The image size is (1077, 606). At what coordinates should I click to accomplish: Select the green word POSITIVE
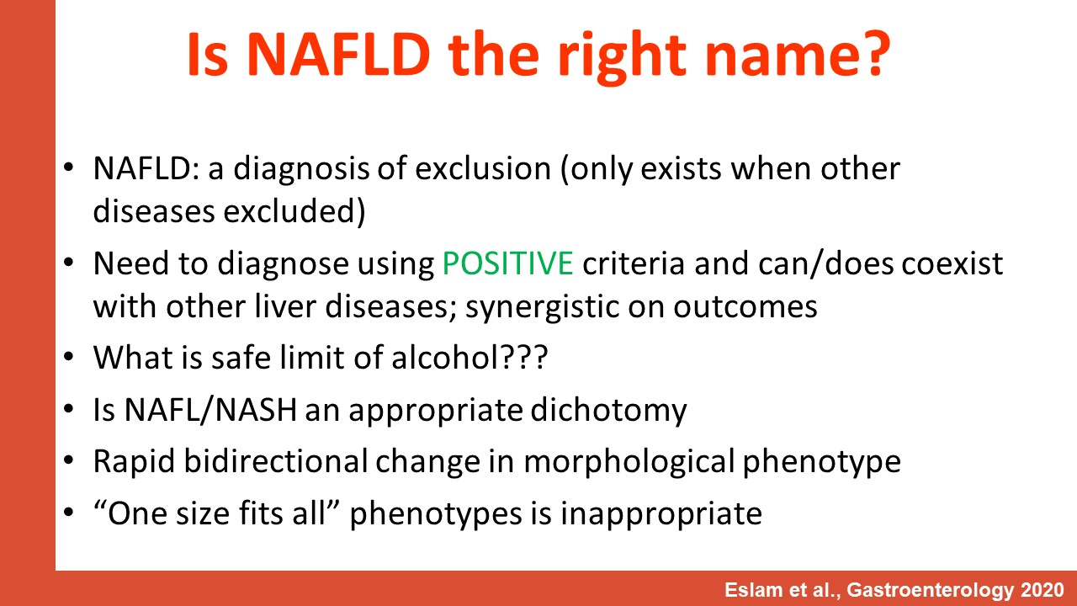point(507,263)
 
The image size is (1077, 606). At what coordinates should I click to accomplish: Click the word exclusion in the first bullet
point(483,169)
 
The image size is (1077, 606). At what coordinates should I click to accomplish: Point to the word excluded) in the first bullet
point(294,211)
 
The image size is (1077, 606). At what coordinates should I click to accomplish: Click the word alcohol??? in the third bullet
point(470,358)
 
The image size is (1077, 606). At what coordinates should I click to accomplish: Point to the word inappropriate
point(661,514)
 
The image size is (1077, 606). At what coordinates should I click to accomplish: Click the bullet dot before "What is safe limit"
point(69,358)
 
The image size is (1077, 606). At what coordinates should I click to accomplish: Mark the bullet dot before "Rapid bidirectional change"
point(69,460)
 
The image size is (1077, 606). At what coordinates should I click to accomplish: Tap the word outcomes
point(745,307)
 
